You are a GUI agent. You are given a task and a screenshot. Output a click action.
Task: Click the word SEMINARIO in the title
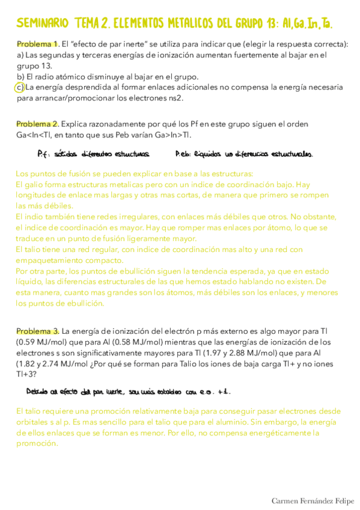tap(42, 23)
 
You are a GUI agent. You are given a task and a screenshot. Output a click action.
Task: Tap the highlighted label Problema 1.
tap(37, 45)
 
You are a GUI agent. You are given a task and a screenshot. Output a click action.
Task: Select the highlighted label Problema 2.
tap(37, 124)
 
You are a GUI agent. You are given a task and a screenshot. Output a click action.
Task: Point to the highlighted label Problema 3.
tap(37, 331)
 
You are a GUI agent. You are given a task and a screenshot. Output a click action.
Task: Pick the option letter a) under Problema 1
tap(20, 55)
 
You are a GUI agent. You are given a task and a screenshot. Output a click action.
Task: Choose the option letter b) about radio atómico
tap(20, 77)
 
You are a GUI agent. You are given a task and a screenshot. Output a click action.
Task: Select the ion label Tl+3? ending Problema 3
tap(26, 375)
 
